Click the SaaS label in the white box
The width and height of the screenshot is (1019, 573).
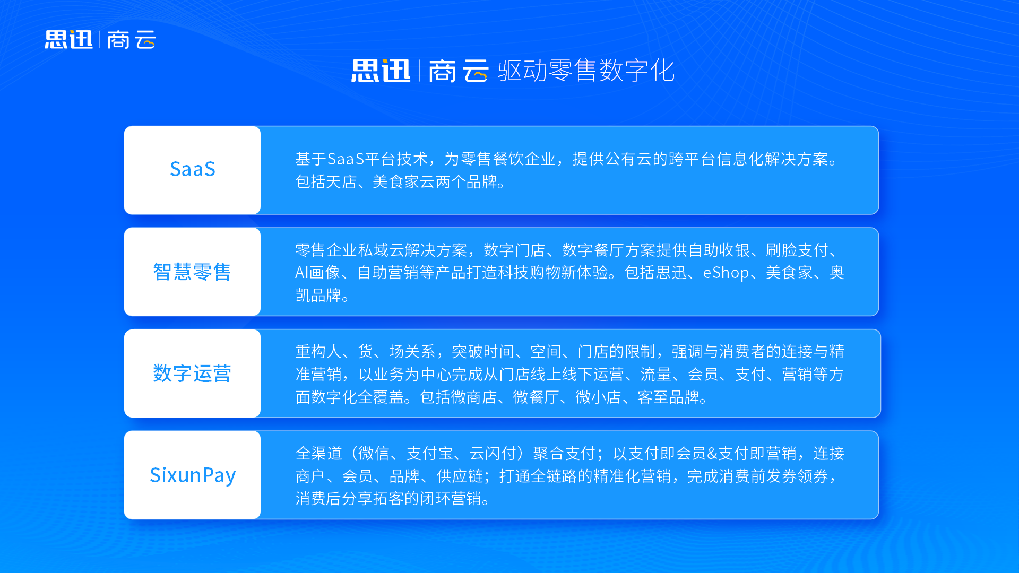coord(192,169)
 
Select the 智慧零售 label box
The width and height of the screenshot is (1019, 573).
coord(192,272)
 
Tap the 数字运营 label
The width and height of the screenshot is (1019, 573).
coord(192,374)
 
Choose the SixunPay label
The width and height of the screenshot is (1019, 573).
coord(192,475)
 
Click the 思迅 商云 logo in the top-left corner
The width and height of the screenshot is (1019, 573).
coord(100,40)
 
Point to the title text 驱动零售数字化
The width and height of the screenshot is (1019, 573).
coord(586,71)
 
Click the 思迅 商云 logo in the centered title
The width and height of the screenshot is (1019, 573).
coord(419,71)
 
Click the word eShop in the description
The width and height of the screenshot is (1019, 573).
coord(726,273)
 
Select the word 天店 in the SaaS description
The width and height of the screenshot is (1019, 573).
coord(341,182)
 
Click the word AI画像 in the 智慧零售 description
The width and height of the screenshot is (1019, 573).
coord(317,273)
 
